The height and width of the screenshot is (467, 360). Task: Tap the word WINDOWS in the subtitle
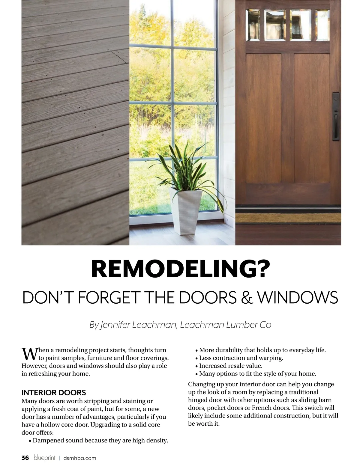tap(297, 297)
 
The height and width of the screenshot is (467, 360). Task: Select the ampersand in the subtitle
tap(247, 297)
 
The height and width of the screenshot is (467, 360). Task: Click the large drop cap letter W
tap(29, 354)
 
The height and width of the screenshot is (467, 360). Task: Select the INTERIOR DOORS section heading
tap(54, 392)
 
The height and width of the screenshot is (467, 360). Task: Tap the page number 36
tap(25, 458)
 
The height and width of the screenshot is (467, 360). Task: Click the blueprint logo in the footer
tap(45, 458)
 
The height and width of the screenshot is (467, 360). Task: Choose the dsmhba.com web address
tap(80, 458)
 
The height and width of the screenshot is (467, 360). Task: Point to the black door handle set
tap(335, 117)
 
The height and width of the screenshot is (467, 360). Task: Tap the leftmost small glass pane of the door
tap(253, 25)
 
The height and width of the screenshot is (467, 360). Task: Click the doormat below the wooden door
tap(288, 218)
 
